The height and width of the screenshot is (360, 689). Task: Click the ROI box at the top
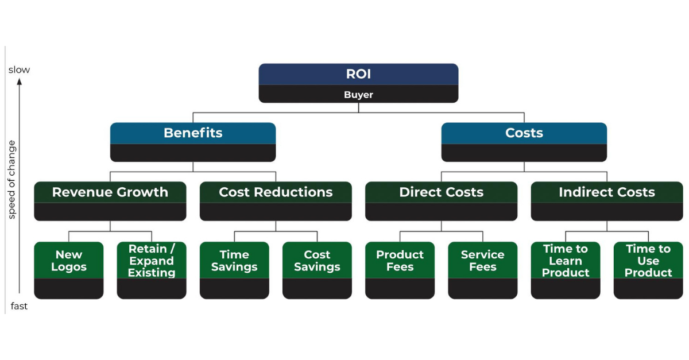pyautogui.click(x=358, y=75)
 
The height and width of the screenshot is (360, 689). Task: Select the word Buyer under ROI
pyautogui.click(x=358, y=95)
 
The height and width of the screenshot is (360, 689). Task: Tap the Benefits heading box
pyautogui.click(x=193, y=133)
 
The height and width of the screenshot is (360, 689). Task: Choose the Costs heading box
pyautogui.click(x=524, y=133)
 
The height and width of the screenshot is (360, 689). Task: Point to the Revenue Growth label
pyautogui.click(x=110, y=192)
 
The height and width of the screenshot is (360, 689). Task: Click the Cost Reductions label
pyautogui.click(x=276, y=192)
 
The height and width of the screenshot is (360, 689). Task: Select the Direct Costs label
pyautogui.click(x=441, y=192)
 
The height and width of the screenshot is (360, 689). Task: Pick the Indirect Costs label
pyautogui.click(x=607, y=192)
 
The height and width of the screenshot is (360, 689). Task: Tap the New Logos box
pyautogui.click(x=69, y=261)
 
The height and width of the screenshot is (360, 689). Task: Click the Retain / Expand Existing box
pyautogui.click(x=152, y=261)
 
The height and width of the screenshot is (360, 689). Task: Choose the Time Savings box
pyautogui.click(x=234, y=261)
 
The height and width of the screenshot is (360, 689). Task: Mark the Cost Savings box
pyautogui.click(x=317, y=261)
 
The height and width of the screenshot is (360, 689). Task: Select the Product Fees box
pyautogui.click(x=400, y=261)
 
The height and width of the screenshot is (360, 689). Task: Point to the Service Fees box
pyautogui.click(x=482, y=261)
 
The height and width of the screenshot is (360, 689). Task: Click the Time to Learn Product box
pyautogui.click(x=566, y=261)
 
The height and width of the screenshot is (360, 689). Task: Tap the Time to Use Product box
pyautogui.click(x=648, y=261)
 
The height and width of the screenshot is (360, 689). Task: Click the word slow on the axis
pyautogui.click(x=19, y=70)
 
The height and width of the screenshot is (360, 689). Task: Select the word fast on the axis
pyautogui.click(x=19, y=306)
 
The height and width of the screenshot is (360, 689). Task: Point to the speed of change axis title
pyautogui.click(x=12, y=179)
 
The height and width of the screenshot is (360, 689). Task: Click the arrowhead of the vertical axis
pyautogui.click(x=19, y=82)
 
